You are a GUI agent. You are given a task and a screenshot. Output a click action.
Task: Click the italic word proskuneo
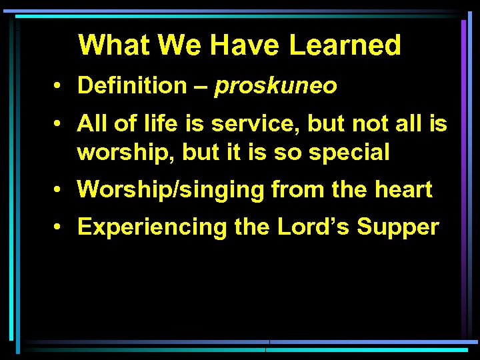pyautogui.click(x=276, y=86)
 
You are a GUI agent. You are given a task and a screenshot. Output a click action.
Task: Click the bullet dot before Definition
pyautogui.click(x=60, y=86)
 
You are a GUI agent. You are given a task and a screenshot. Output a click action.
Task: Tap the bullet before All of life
pyautogui.click(x=60, y=124)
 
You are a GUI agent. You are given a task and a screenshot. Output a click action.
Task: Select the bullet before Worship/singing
pyautogui.click(x=60, y=190)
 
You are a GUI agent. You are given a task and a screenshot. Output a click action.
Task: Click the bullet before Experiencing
pyautogui.click(x=60, y=227)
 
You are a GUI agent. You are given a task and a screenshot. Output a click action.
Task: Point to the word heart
pyautogui.click(x=403, y=190)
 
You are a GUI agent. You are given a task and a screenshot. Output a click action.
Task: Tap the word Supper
pyautogui.click(x=398, y=227)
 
